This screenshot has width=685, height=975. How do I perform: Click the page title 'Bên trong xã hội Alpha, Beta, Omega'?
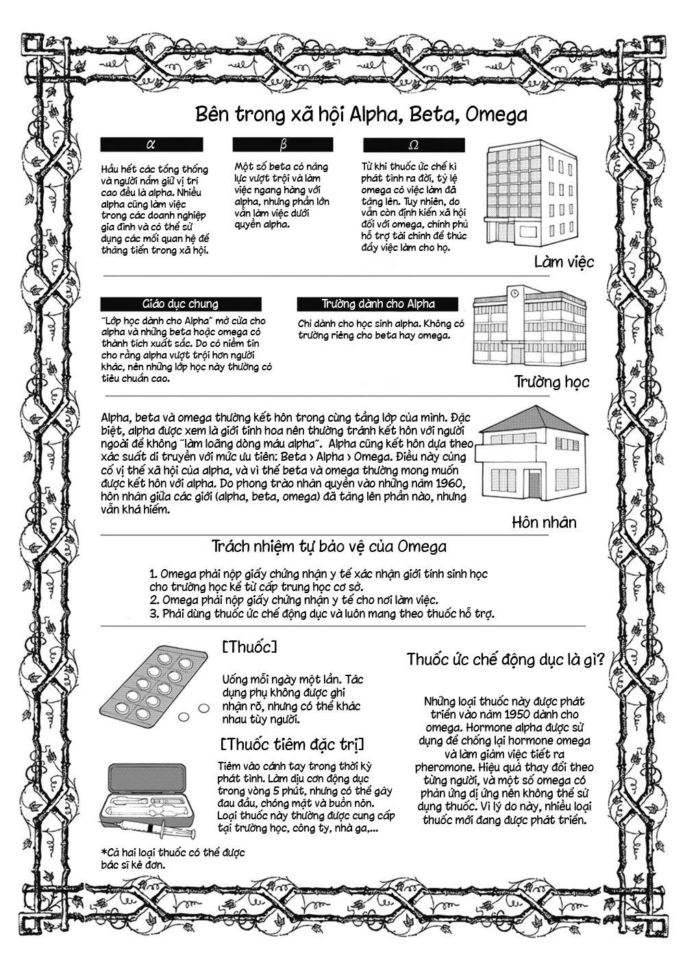pos(361,114)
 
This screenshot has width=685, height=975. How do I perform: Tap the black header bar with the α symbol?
pos(151,145)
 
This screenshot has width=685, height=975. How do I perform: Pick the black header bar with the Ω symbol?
pos(414,145)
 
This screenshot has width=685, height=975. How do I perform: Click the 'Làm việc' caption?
pos(564,262)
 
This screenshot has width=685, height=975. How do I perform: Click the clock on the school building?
pos(514,293)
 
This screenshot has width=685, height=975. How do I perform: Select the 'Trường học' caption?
pos(551,381)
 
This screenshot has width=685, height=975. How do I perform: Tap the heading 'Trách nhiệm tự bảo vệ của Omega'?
pos(329,546)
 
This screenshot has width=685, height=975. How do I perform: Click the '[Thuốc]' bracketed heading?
pos(249,647)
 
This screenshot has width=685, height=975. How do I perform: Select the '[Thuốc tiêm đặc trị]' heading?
pos(292,744)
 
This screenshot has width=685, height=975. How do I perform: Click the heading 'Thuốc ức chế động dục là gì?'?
pos(505,660)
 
